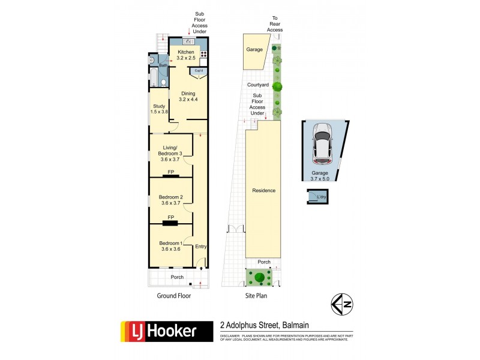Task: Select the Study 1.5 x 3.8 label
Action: click(x=159, y=109)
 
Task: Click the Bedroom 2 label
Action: click(x=171, y=200)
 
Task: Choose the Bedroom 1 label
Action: click(x=171, y=245)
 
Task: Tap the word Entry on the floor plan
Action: click(x=200, y=247)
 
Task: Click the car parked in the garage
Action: click(x=323, y=144)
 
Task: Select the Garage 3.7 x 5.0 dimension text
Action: click(x=323, y=175)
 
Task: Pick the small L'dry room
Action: click(x=316, y=197)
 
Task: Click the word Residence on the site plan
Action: click(x=263, y=191)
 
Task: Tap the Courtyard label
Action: click(x=258, y=85)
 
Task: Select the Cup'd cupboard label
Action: click(x=198, y=71)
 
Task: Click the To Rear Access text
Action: click(x=275, y=24)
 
